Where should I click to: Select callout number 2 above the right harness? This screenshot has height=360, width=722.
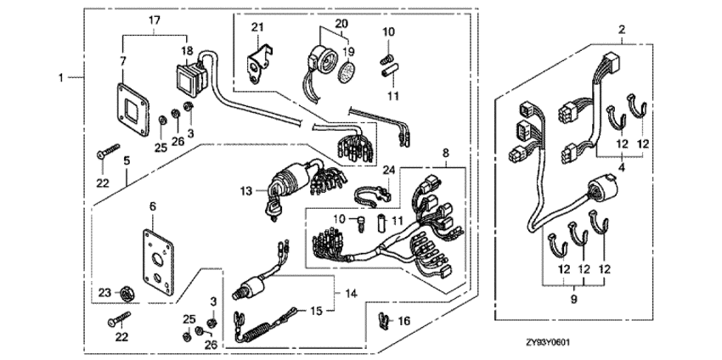[622, 31]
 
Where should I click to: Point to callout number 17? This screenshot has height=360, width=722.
[154, 20]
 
